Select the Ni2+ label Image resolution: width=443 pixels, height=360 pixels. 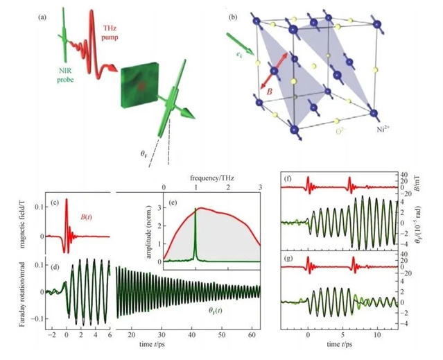(375, 129)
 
